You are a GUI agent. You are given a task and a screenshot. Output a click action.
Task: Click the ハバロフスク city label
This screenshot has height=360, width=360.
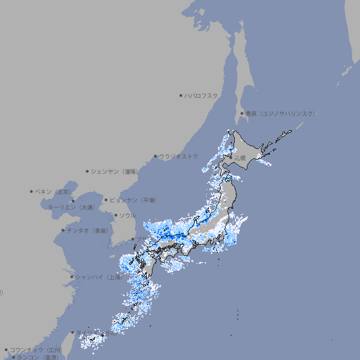pyautogui.click(x=202, y=95)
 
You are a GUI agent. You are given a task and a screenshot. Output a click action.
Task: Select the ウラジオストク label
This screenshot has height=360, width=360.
pyautogui.click(x=179, y=156)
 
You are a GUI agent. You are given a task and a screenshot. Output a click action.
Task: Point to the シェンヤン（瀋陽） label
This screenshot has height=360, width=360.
pyautogui.click(x=115, y=171)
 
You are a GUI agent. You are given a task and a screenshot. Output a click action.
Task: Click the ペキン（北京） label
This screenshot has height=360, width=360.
pyautogui.click(x=54, y=191)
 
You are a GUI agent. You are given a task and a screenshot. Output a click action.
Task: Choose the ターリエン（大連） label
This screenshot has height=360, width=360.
pyautogui.click(x=70, y=207)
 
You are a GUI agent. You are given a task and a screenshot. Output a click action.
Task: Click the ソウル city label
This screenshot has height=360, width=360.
pyautogui.click(x=127, y=215)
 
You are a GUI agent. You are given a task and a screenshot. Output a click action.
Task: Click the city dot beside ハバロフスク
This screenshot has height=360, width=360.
pyautogui.click(x=181, y=95)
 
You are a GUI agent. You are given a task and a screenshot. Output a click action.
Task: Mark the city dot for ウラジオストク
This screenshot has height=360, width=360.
pyautogui.click(x=155, y=156)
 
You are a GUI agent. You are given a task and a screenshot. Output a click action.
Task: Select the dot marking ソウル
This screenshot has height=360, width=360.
pyautogui.click(x=115, y=215)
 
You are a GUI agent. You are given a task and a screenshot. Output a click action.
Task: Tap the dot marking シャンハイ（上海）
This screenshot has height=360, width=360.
pyautogui.click(x=72, y=276)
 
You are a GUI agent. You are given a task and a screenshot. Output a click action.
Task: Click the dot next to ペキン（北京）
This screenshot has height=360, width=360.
pyautogui.click(x=31, y=191)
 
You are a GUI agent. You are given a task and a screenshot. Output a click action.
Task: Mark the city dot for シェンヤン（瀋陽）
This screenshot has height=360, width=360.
pyautogui.click(x=87, y=171)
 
